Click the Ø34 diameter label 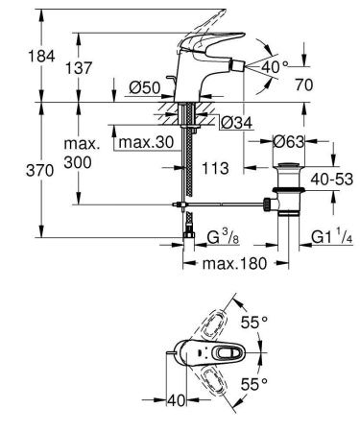pyautogui.click(x=233, y=122)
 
